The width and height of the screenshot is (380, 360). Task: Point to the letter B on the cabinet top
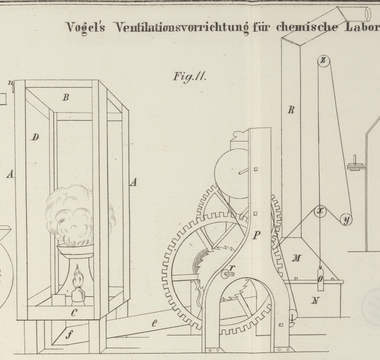point(66,98)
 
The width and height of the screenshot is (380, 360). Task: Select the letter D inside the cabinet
point(35,138)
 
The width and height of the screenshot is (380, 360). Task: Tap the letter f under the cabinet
point(68,335)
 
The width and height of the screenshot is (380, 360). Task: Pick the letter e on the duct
point(155,323)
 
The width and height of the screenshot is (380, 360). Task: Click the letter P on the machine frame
point(257,235)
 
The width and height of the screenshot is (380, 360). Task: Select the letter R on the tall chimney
point(291,111)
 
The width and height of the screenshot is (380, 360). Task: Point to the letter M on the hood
point(297,259)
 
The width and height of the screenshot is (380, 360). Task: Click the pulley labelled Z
point(323,60)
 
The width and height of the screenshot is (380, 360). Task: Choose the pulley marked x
point(320,211)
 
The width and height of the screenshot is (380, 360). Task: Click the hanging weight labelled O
point(320,278)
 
